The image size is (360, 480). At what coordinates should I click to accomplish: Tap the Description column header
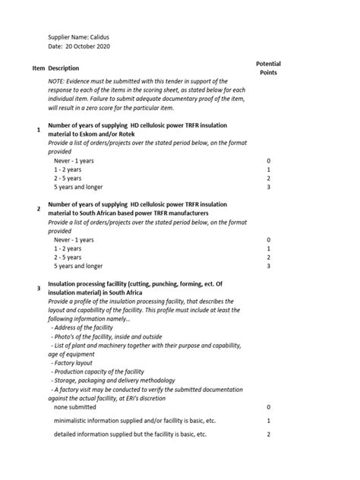(64, 68)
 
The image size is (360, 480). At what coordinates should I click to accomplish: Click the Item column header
(39, 68)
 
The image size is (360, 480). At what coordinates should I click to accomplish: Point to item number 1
(39, 131)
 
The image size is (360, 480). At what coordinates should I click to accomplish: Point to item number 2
(39, 208)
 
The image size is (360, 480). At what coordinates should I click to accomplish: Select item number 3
(39, 289)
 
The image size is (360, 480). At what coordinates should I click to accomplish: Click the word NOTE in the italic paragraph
(58, 81)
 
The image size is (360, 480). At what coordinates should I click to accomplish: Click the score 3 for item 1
(269, 187)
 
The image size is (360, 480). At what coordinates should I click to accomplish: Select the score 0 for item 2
(269, 240)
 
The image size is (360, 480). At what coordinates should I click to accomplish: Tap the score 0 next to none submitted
(269, 407)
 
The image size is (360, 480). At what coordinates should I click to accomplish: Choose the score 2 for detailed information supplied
(269, 434)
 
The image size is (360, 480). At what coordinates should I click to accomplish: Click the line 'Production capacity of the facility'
(99, 371)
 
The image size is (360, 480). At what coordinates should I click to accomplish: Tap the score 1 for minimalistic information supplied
(269, 421)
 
